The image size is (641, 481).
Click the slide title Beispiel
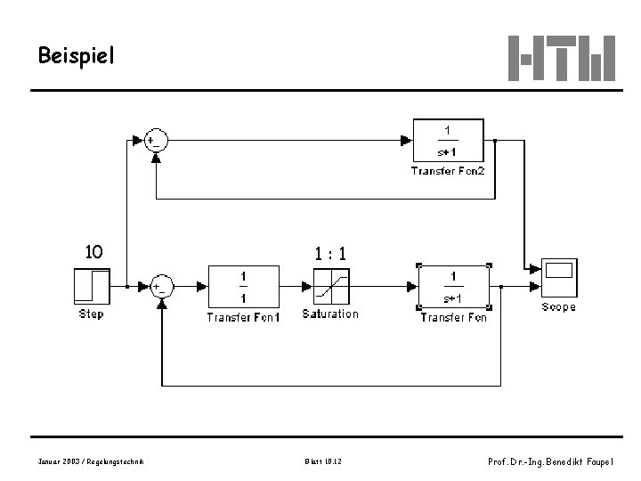pyautogui.click(x=76, y=57)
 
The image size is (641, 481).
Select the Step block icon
pyautogui.click(x=92, y=286)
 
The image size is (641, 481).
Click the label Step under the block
pyautogui.click(x=92, y=314)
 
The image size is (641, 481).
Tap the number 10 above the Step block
pyautogui.click(x=93, y=252)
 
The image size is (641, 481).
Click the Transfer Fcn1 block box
pyautogui.click(x=243, y=286)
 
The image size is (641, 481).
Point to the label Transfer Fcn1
pyautogui.click(x=243, y=317)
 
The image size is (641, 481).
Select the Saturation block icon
pyautogui.click(x=330, y=286)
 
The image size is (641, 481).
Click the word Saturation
pyautogui.click(x=330, y=314)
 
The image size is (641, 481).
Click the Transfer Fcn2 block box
pyautogui.click(x=448, y=139)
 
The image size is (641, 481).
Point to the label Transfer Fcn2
pyautogui.click(x=448, y=170)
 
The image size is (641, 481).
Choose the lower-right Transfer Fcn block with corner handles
pyautogui.click(x=454, y=286)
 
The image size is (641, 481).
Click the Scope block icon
pyautogui.click(x=558, y=279)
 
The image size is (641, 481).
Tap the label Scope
pyautogui.click(x=558, y=307)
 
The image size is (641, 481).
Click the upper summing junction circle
pyautogui.click(x=157, y=140)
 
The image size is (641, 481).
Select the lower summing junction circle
pyautogui.click(x=162, y=287)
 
